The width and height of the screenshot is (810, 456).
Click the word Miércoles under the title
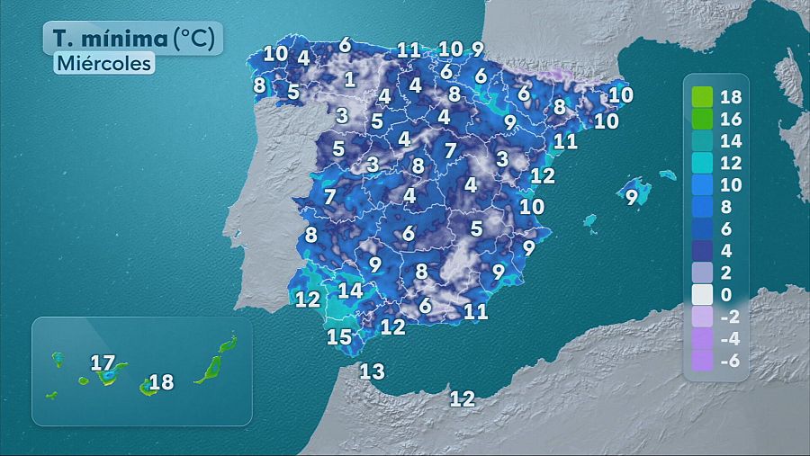click(x=103, y=64)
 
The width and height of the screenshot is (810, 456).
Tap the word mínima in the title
click(x=126, y=39)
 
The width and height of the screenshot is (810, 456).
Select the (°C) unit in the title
click(x=195, y=39)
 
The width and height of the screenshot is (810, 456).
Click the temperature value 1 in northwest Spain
click(x=349, y=79)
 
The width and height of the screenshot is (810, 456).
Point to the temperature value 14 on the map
click(x=350, y=291)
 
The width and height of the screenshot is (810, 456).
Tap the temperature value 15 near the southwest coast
click(x=338, y=337)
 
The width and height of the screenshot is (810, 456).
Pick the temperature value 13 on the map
click(x=372, y=371)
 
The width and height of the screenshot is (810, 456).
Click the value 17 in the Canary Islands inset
click(x=103, y=363)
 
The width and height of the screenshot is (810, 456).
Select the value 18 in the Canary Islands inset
click(x=161, y=383)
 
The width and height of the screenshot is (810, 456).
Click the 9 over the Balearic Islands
click(x=632, y=197)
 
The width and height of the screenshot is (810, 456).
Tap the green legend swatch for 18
click(x=703, y=96)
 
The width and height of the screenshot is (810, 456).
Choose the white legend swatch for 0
click(x=703, y=294)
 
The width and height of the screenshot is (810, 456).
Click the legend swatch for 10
click(x=703, y=184)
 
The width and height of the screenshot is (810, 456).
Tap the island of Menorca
click(x=667, y=174)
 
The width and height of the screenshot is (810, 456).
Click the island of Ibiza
click(x=590, y=220)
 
